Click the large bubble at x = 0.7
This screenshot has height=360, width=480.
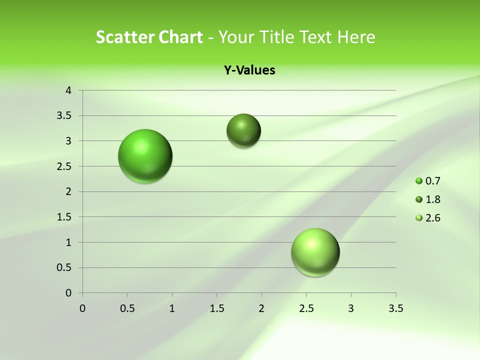click(145, 156)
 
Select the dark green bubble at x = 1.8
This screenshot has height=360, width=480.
click(243, 130)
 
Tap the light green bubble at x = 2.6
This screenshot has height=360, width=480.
click(315, 252)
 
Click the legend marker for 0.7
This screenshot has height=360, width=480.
click(419, 181)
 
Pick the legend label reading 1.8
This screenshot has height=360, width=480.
click(432, 199)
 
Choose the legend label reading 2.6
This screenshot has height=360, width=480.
click(432, 218)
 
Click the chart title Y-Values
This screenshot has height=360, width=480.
click(249, 70)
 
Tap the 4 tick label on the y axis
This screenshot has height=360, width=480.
click(69, 90)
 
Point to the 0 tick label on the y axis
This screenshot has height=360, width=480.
click(69, 293)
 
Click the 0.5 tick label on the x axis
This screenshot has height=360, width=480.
click(127, 308)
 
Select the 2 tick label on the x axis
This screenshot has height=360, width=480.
click(261, 308)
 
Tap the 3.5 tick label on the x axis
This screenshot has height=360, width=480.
click(395, 308)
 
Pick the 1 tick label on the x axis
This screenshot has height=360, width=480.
click(172, 308)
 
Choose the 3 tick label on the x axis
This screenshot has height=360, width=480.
click(351, 308)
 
